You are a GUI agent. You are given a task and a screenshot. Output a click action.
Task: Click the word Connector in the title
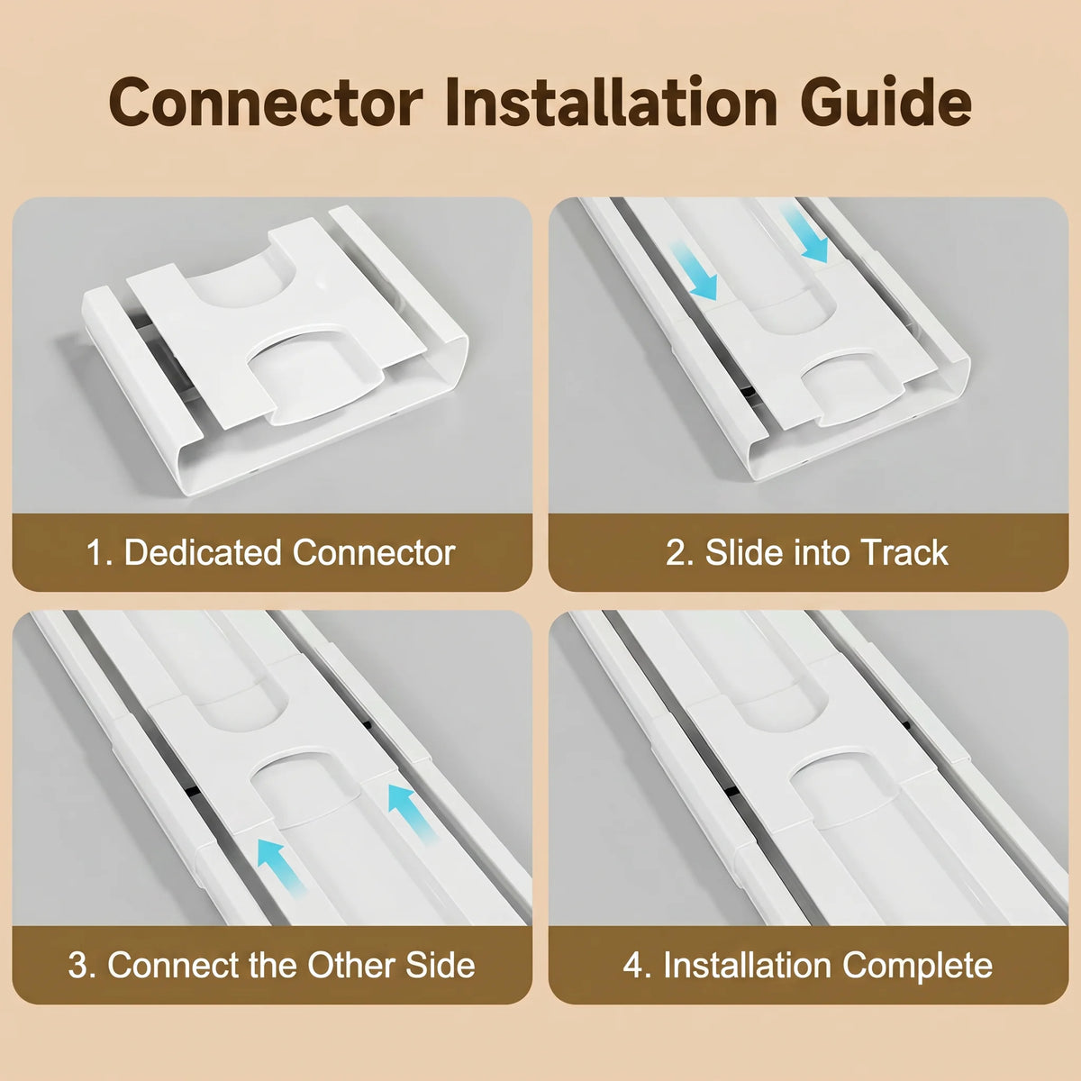coord(266,103)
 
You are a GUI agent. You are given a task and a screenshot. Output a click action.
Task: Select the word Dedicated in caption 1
coord(203,552)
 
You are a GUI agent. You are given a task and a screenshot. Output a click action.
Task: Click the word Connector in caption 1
coord(374,553)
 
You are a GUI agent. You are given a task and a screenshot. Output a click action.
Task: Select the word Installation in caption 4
coord(747,965)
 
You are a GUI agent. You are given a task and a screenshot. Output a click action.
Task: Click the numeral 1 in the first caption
coord(95,552)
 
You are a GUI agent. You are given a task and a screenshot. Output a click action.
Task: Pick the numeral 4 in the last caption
coord(632,966)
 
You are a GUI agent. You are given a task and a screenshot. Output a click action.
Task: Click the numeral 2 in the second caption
coord(677,552)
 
